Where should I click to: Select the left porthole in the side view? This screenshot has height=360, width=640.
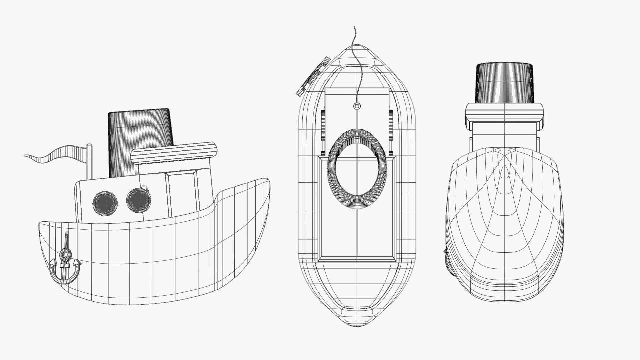click(x=105, y=202)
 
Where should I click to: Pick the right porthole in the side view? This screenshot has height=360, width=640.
click(x=139, y=200)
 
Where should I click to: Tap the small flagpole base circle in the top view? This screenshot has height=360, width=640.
click(x=357, y=106)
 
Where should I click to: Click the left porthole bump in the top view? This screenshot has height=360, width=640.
click(x=323, y=125)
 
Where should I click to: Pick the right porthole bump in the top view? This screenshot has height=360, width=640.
click(x=391, y=125)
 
